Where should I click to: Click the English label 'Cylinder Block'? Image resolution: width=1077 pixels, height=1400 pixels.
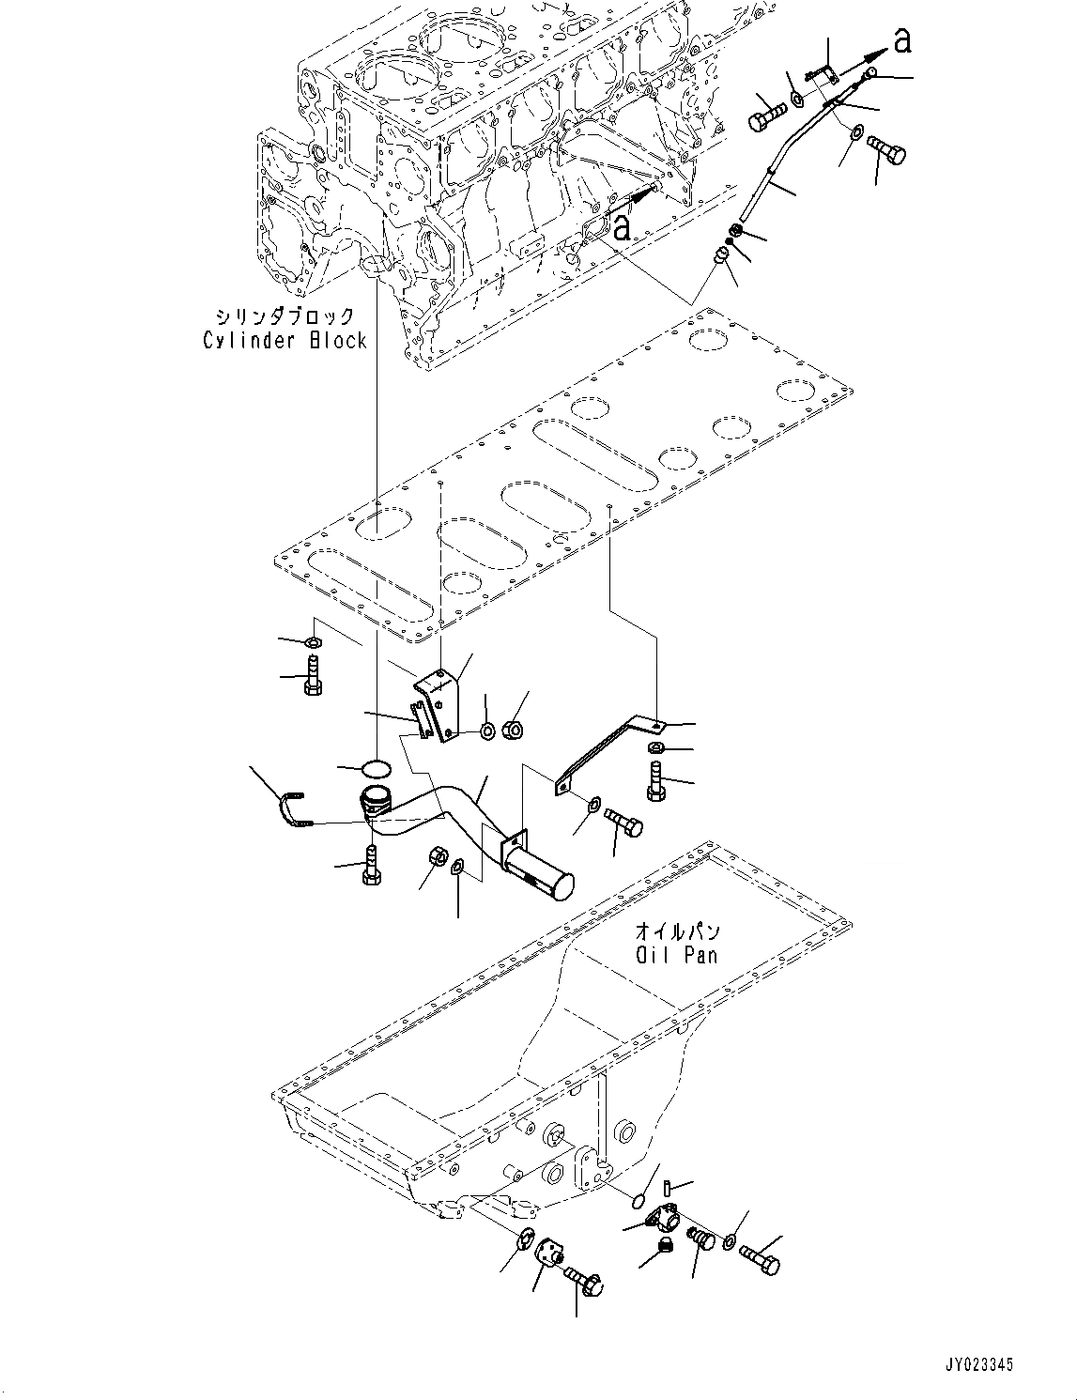coord(285,340)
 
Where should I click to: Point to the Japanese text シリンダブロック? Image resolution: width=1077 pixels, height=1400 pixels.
coord(285,316)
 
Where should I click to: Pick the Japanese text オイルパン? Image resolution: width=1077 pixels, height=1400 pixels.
coord(677,931)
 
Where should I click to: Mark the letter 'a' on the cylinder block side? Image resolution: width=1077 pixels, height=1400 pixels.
coord(622,225)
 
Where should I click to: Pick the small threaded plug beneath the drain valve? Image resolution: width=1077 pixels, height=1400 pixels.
coord(660,1245)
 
